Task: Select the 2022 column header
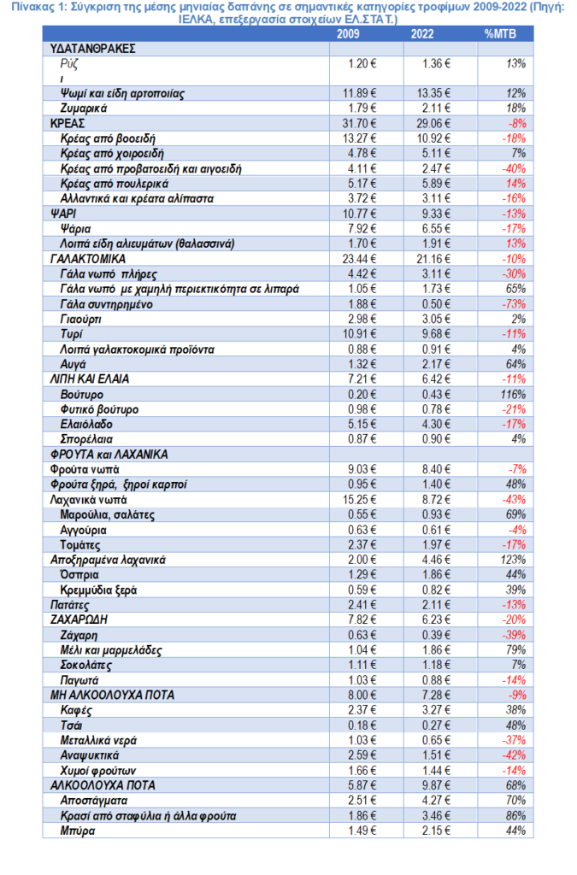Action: [x=421, y=34]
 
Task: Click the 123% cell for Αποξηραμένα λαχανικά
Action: [x=514, y=560]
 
